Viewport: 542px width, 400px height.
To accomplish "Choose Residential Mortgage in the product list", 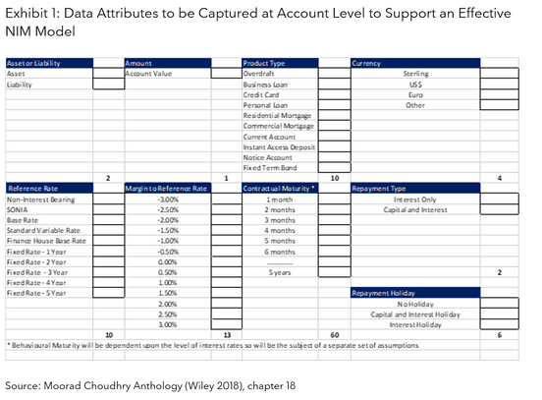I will pos(277,115).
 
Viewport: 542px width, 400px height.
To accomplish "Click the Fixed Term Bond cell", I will pos(267,167).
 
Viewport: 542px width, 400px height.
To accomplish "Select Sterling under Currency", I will pos(415,74).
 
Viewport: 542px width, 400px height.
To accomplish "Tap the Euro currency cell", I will pos(415,94).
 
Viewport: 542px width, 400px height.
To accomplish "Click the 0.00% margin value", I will pos(166,261).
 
